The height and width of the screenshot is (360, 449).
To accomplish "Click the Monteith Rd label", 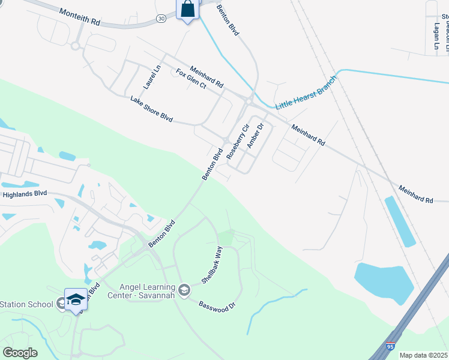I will pos(80,16).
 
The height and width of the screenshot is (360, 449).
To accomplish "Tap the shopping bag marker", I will pos(188,10).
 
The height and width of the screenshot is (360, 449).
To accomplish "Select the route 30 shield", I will pos(161,19).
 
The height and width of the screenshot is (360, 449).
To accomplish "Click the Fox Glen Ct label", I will pos(191,79).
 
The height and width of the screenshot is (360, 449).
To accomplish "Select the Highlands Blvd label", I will pos(25,194).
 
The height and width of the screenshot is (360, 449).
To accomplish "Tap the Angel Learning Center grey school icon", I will pos(185,290).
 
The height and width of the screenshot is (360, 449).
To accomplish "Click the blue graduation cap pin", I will pos(76,298).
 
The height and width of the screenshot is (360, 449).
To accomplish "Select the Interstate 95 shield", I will pos(391,347).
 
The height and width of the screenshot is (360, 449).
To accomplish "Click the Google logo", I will pos(20,353).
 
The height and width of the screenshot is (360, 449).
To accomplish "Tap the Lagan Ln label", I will pos(436,36).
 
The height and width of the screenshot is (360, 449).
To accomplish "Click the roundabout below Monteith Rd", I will pos(76,46).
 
